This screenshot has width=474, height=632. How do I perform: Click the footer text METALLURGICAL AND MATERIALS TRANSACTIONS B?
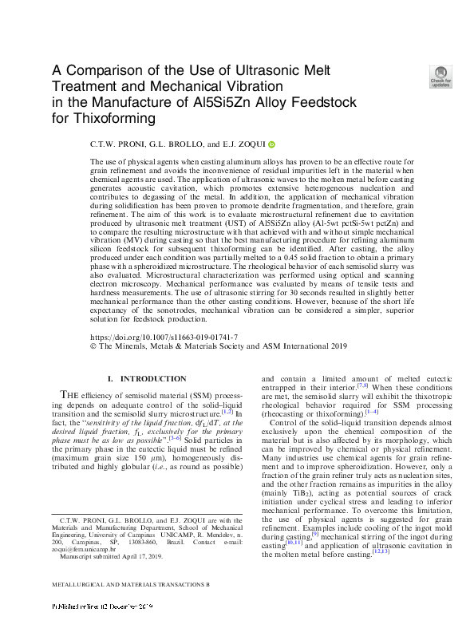tap(130, 606)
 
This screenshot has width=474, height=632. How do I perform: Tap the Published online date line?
tap(101, 629)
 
